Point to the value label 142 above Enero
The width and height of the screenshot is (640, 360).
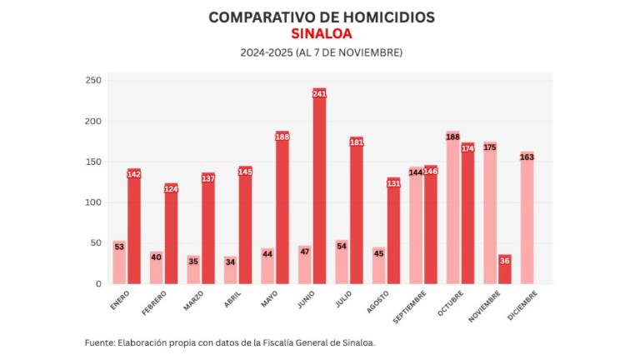click(134, 174)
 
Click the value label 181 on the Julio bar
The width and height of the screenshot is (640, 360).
click(357, 142)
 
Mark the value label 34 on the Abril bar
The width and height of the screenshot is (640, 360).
click(230, 262)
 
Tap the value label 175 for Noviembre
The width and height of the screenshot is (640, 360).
click(489, 147)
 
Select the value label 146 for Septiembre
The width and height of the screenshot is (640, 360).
click(430, 171)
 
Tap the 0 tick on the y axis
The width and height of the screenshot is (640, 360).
click(97, 284)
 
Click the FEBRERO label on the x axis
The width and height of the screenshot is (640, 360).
click(154, 301)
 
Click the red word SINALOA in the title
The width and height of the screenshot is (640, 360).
click(321, 34)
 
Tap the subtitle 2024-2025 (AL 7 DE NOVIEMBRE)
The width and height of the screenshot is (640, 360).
click(321, 52)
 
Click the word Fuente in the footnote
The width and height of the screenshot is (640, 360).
click(100, 342)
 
